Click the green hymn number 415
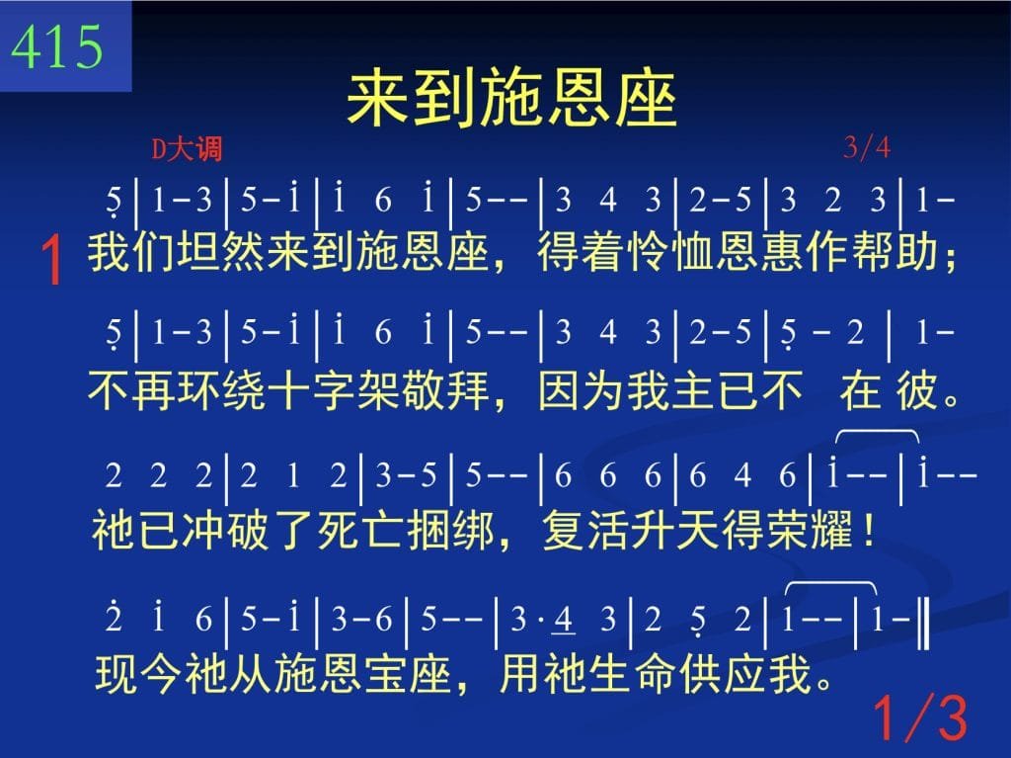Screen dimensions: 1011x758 pyautogui.click(x=56, y=46)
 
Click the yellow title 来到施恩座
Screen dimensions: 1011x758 pyautogui.click(x=512, y=100)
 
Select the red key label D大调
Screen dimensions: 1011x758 pyautogui.click(x=187, y=149)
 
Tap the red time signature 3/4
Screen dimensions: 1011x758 pyautogui.click(x=867, y=148)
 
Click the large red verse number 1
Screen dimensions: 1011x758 pyautogui.click(x=51, y=260)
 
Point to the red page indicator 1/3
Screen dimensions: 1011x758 pyautogui.click(x=920, y=716)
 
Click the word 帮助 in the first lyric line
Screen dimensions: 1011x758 pyautogui.click(x=894, y=252)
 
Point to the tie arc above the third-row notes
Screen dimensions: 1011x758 pyautogui.click(x=877, y=430)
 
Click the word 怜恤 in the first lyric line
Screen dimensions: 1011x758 pyautogui.click(x=670, y=252)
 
